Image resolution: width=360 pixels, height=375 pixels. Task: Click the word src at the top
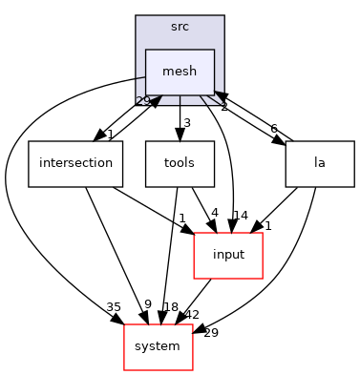coord(180,27)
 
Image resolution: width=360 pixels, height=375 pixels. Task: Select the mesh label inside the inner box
coord(180,72)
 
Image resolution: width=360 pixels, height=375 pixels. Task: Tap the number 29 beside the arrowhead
coord(141,100)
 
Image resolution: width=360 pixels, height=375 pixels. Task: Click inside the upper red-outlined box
coord(227,256)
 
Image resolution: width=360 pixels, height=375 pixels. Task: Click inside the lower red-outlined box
coord(159,347)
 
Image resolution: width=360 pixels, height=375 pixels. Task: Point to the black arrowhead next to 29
coord(155,99)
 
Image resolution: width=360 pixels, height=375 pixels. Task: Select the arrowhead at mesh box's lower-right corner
coord(219,94)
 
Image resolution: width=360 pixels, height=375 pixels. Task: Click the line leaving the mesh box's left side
coord(139,77)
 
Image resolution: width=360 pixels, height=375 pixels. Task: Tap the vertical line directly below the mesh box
coord(180,99)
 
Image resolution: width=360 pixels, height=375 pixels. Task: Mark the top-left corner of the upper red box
coord(194,233)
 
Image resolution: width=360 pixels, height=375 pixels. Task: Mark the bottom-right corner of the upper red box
coord(262,279)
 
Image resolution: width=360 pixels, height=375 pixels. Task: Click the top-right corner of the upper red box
coord(262,233)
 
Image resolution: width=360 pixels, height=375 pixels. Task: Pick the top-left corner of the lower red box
coord(124,324)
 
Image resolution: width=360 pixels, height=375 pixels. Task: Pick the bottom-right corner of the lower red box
coord(193,370)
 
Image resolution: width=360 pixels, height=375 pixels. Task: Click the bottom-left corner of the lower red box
coord(124,370)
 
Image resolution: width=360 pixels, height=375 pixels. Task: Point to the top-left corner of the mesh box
coord(145,50)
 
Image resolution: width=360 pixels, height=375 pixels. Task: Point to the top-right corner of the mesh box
coord(214,50)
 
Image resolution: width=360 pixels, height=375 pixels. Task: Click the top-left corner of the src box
coord(136,16)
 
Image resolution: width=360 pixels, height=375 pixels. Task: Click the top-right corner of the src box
coord(223,16)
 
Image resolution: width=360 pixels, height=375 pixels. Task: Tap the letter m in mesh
coord(168,73)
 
